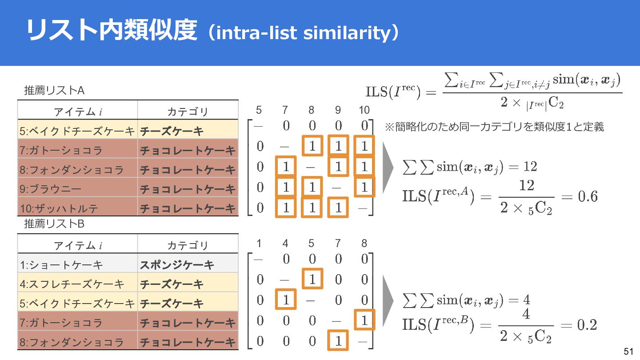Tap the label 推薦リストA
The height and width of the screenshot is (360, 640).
tap(54, 91)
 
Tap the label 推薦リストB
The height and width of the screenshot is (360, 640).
tap(54, 224)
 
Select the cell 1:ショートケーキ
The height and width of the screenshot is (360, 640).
tap(61, 265)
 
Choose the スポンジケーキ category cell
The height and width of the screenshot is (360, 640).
tap(177, 265)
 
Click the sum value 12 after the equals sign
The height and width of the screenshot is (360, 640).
tap(530, 167)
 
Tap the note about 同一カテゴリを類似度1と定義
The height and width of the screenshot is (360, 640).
tap(494, 127)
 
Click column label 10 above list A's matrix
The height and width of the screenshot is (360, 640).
tap(364, 110)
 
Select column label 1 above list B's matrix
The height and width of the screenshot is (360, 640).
tap(259, 243)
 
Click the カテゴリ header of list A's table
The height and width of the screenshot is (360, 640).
tap(188, 111)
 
